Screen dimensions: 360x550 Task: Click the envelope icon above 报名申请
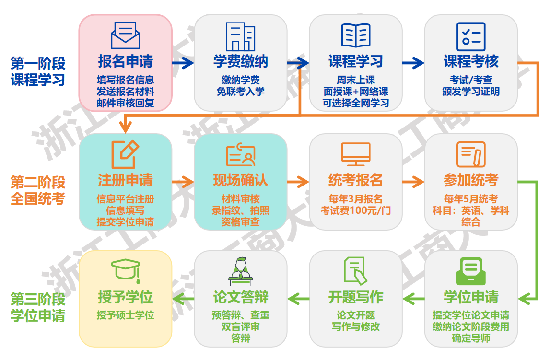(125, 36)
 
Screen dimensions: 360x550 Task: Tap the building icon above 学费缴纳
(240, 36)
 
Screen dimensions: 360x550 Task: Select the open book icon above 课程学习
(356, 35)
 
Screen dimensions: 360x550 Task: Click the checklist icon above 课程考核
(471, 36)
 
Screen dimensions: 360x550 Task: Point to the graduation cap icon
(125, 271)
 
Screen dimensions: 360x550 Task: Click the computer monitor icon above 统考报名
(356, 154)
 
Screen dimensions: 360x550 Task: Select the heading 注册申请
(125, 180)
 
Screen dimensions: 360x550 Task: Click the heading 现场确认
(240, 180)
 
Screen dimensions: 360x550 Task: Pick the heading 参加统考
(471, 180)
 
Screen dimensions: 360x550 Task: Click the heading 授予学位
(125, 297)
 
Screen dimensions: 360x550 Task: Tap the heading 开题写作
(356, 297)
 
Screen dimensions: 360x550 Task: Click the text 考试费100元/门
(356, 210)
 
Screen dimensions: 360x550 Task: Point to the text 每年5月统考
(471, 199)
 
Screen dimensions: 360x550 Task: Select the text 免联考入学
(240, 91)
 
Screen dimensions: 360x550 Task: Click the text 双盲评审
(240, 327)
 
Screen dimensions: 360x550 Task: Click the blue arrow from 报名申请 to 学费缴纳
(183, 63)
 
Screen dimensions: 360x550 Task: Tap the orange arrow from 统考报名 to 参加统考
(413, 182)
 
